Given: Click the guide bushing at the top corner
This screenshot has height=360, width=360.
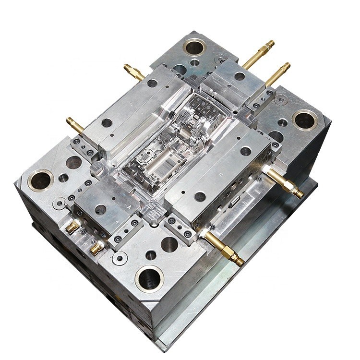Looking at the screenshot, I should pyautogui.click(x=194, y=47).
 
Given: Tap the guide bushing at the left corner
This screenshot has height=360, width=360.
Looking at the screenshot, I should pyautogui.click(x=41, y=180).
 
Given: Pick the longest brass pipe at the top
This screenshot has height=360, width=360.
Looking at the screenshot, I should pyautogui.click(x=259, y=54).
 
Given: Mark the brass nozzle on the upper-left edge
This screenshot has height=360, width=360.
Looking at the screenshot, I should pyautogui.click(x=134, y=72).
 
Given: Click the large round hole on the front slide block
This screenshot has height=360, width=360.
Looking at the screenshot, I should pyautogui.click(x=100, y=209).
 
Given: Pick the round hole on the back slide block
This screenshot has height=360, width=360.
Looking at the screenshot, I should pyautogui.click(x=240, y=76).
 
